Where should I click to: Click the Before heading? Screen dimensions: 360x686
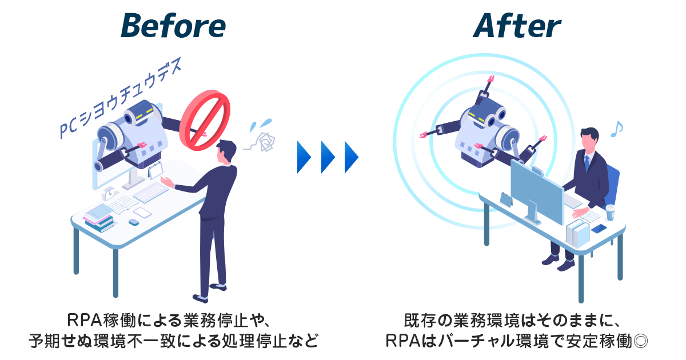click(x=174, y=25)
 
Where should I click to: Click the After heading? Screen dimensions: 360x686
click(x=517, y=25)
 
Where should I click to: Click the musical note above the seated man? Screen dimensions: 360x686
click(x=616, y=130)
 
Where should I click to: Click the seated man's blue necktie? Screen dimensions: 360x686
click(x=587, y=163)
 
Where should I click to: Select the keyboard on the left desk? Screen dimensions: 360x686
click(x=151, y=192)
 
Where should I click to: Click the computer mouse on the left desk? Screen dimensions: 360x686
click(x=134, y=221)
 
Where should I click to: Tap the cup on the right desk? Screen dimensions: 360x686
click(x=611, y=213)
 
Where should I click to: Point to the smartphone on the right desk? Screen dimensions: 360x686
click(x=599, y=229)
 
